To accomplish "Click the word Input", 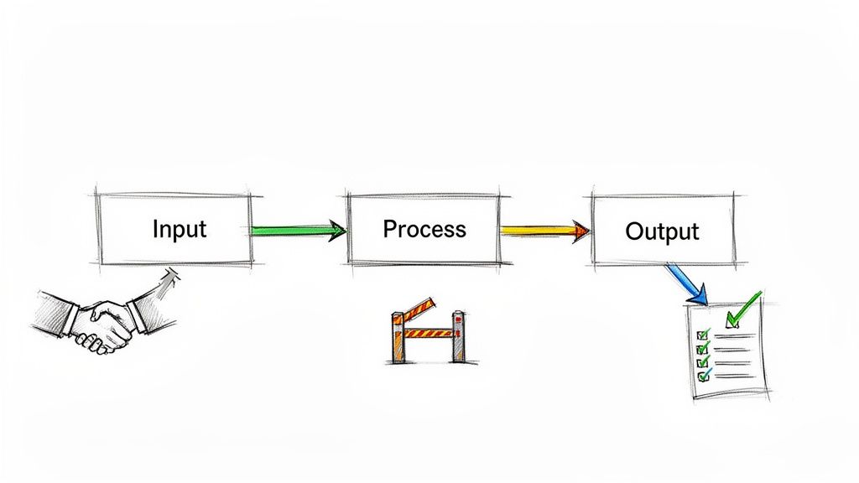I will tap(180, 228).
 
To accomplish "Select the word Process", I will tap(424, 228).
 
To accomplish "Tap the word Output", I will tap(662, 231).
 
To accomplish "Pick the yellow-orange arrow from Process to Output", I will tap(537, 229).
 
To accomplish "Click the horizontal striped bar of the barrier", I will tap(428, 332).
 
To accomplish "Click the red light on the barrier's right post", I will tap(458, 317).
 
